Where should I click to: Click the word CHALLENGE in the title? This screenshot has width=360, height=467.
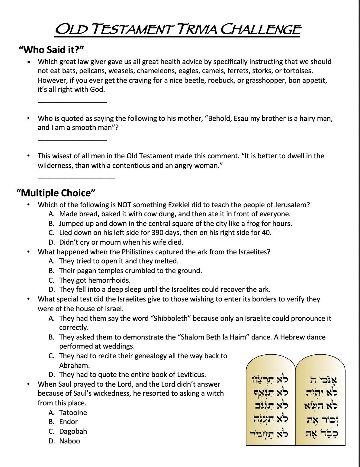click(x=261, y=30)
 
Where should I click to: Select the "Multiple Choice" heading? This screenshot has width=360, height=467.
click(x=56, y=193)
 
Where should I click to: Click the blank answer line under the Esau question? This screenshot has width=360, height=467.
click(x=72, y=140)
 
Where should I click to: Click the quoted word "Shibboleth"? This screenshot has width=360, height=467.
click(x=171, y=318)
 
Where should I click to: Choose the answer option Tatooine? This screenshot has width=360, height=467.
click(x=73, y=412)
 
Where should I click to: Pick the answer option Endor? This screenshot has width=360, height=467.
click(x=68, y=422)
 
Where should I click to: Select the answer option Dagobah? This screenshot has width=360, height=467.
click(x=73, y=431)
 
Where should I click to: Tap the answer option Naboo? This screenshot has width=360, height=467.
click(x=69, y=441)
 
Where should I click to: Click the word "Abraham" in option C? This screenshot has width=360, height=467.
click(x=74, y=365)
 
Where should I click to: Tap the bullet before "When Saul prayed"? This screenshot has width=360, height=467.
click(x=29, y=384)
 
